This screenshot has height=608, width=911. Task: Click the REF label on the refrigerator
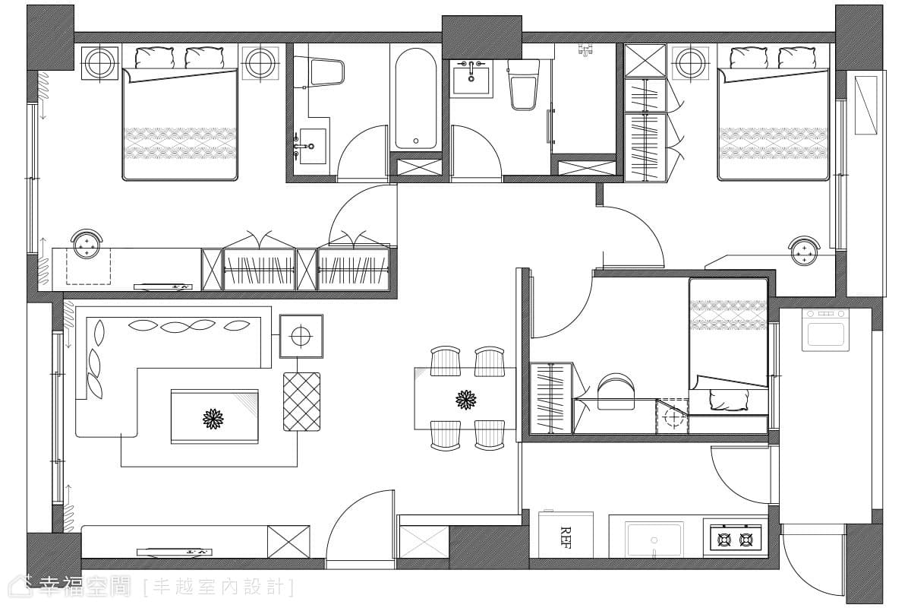[x=566, y=537]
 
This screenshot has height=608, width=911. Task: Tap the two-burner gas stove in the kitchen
[x=736, y=540]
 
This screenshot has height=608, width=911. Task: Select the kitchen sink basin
[x=654, y=540]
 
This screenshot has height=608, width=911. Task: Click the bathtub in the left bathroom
[x=415, y=99]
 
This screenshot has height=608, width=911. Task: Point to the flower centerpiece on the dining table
[x=465, y=400]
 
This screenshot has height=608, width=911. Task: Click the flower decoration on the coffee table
[x=213, y=419]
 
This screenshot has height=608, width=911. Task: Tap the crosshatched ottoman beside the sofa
[x=302, y=401]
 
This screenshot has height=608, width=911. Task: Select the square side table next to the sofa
[x=301, y=337]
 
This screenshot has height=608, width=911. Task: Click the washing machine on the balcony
[x=826, y=330]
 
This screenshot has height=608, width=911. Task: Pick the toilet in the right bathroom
[x=523, y=84]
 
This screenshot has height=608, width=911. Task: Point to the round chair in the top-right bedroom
[x=804, y=251]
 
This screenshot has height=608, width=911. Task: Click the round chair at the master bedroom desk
[x=87, y=244]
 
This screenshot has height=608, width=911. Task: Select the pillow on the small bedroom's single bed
[x=729, y=400]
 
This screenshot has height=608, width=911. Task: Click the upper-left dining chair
[x=446, y=361]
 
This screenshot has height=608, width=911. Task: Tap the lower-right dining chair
[x=490, y=435]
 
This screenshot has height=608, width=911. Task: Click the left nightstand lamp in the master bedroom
[x=99, y=63]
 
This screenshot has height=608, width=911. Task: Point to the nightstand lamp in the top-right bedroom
[x=690, y=63]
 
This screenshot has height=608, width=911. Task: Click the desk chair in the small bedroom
[x=616, y=391]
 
